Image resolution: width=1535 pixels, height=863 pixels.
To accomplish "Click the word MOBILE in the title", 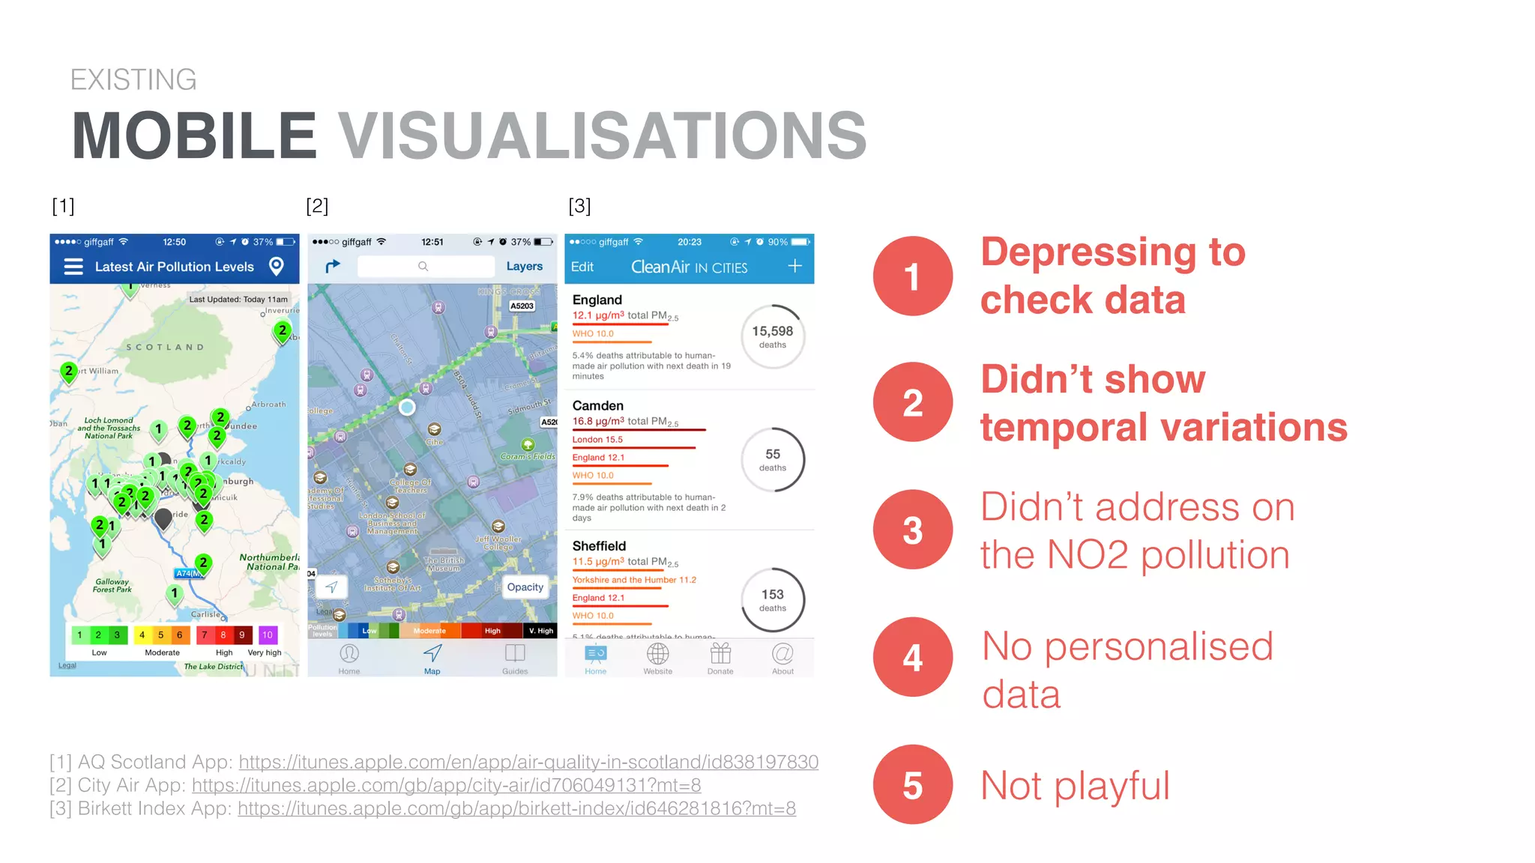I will coord(194,136).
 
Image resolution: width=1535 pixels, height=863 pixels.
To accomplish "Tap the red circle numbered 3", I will coord(912,530).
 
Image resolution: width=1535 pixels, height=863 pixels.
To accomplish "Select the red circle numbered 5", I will coord(912,784).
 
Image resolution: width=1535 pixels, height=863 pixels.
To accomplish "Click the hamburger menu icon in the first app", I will coord(73,267).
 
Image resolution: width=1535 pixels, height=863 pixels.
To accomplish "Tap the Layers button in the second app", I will coord(524,266).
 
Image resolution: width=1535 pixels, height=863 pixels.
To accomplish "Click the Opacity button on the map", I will coord(525,587).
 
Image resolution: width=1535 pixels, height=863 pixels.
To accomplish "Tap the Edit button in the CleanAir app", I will coord(582,267).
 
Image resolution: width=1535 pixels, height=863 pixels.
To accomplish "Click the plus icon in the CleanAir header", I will coord(794,266).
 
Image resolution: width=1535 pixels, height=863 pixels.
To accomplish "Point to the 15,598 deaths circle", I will coord(773,336).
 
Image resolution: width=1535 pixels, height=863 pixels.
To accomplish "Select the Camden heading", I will coord(597,405).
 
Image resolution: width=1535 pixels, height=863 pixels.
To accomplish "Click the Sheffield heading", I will coord(599,546).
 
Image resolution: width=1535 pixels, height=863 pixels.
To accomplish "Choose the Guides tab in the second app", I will coord(515,657).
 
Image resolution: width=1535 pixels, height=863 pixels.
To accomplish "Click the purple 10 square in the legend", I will coord(268,635).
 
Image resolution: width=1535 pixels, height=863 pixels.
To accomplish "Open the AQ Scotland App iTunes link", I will coord(528,762).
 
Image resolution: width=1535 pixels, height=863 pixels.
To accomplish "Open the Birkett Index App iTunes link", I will coord(516,808).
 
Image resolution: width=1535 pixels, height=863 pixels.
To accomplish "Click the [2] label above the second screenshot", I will coord(317,205).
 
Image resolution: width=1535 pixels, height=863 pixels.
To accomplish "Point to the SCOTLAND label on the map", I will coord(165,347).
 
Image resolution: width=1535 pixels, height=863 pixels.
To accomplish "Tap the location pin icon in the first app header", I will coord(277,266).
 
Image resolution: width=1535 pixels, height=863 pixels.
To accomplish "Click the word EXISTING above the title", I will coord(133,79).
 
